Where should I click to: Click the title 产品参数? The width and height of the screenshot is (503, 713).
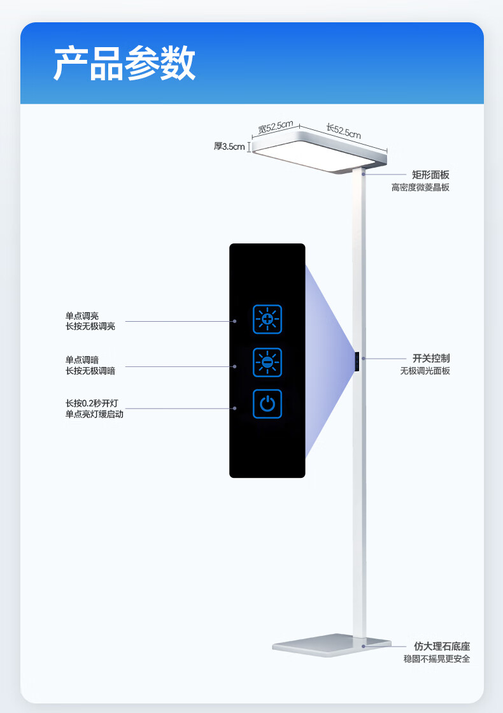(124, 63)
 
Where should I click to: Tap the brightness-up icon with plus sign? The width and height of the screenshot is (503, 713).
(267, 319)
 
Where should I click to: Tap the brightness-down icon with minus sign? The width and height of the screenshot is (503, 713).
(267, 363)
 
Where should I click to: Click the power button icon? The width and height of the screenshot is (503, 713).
(267, 404)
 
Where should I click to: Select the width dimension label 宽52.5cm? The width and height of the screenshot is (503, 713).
(275, 127)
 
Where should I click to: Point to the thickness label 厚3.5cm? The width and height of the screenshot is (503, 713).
(229, 147)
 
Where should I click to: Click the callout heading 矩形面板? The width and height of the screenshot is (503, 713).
(430, 175)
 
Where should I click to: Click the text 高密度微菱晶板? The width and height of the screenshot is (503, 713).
(420, 187)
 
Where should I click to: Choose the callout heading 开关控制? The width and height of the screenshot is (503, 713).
(431, 358)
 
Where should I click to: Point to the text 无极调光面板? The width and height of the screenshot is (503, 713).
(425, 371)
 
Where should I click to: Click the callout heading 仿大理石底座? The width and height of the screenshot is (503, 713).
(442, 646)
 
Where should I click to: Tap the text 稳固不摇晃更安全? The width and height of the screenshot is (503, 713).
(437, 659)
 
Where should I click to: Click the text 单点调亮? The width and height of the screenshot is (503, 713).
(82, 315)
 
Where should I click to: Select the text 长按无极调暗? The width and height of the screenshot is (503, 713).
(90, 370)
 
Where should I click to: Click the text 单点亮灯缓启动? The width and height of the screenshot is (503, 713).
(94, 414)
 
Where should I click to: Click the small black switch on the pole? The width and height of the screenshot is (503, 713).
(358, 363)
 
